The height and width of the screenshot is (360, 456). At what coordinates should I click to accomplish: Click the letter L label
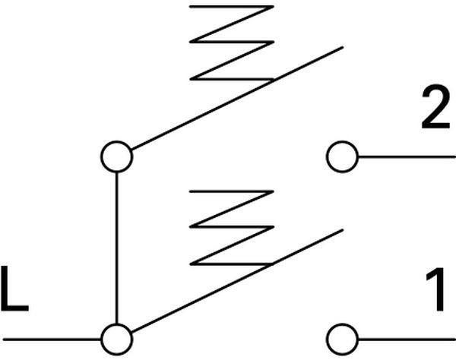14,289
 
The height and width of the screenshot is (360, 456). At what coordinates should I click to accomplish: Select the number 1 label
435,292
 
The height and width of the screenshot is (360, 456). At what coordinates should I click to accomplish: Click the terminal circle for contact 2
342,158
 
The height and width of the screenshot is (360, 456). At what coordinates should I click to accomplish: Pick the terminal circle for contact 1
342,337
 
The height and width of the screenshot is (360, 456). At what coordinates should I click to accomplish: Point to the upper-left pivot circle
116,158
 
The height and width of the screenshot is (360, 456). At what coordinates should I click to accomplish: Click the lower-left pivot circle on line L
116,337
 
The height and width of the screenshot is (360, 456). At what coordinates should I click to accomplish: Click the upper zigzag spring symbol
232,42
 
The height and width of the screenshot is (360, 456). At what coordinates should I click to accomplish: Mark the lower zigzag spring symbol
232,228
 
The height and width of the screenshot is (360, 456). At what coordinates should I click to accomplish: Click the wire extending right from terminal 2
406,158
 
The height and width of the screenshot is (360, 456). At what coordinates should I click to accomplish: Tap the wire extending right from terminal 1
406,337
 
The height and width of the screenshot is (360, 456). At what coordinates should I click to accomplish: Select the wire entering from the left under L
50,337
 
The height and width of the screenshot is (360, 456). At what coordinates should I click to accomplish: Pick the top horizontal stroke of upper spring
232,7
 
